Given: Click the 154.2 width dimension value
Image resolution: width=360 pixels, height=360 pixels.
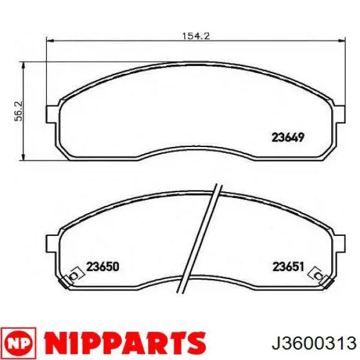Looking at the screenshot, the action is [196, 36].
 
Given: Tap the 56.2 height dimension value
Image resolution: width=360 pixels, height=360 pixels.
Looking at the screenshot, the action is [19, 111].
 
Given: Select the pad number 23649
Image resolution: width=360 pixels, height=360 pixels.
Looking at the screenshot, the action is [288, 138].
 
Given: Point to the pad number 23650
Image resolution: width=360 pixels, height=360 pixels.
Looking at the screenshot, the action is [103, 267].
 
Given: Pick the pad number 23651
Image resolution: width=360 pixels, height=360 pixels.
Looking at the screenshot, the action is [288, 267].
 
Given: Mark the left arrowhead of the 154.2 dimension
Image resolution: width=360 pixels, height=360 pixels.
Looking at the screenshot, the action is [50, 41].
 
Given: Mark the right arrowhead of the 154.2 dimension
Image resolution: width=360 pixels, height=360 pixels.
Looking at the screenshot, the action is [341, 41].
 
